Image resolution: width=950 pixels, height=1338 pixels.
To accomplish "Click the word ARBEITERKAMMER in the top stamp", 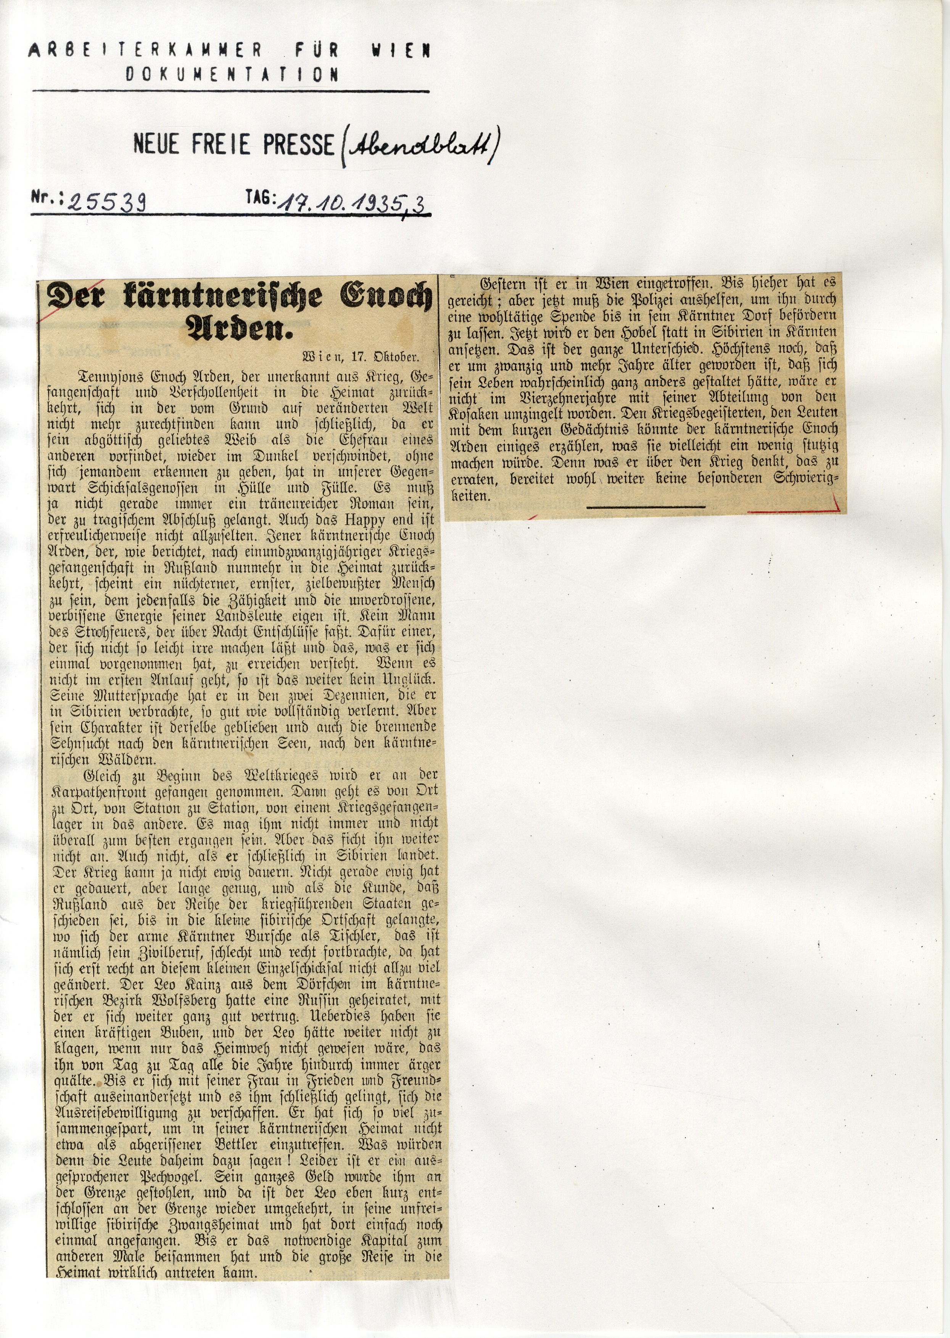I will (145, 50).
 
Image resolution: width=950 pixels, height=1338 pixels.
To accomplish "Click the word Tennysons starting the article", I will (111, 376).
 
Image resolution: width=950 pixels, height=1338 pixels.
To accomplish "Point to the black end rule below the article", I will (646, 507).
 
